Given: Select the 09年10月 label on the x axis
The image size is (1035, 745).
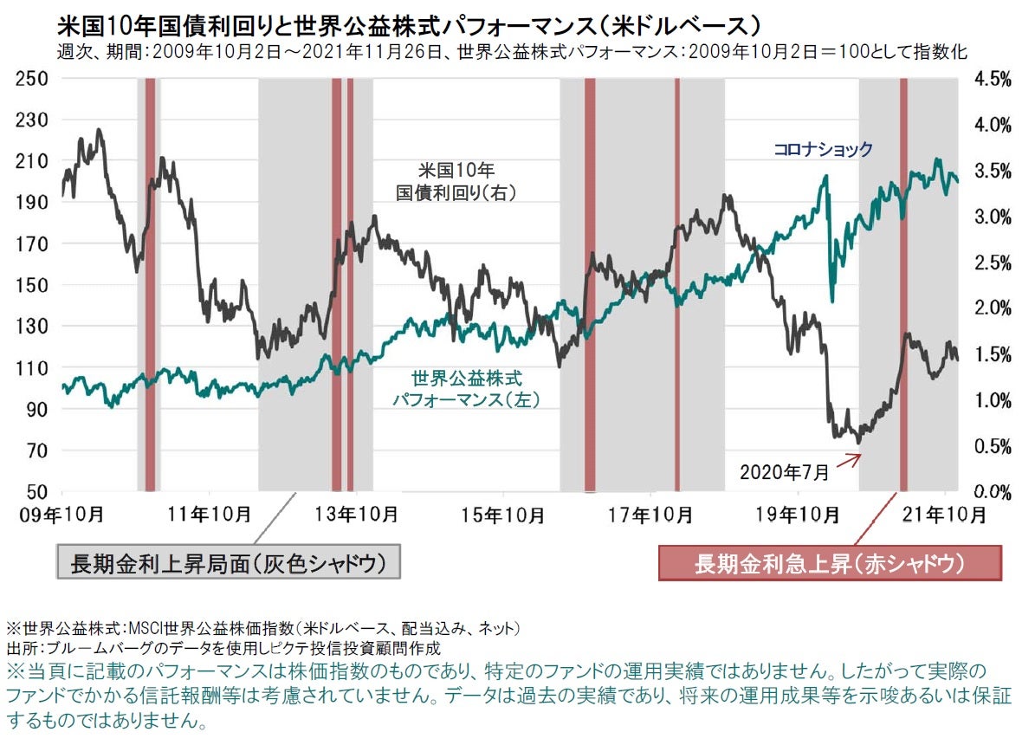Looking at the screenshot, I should tap(60, 515).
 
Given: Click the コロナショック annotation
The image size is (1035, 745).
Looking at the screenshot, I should tap(823, 150).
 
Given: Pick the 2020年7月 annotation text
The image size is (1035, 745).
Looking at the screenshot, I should tap(784, 472).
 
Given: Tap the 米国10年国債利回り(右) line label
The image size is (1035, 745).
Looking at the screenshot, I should tap(456, 181).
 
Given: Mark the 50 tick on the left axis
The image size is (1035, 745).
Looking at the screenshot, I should tap(37, 492).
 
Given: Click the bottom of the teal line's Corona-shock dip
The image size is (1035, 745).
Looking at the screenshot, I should tap(831, 301).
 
